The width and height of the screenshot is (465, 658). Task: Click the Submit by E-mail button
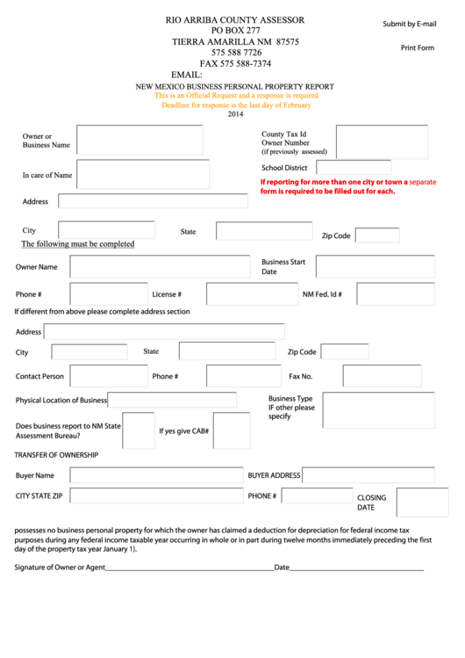point(409,24)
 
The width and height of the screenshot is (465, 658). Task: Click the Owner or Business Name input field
point(139,140)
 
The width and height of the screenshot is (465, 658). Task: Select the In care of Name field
point(143,174)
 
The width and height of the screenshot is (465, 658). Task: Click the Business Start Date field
point(375,266)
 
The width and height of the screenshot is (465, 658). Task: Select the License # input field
point(251,294)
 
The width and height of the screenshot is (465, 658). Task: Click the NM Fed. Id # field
point(395,294)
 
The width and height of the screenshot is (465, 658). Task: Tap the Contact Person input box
point(109,376)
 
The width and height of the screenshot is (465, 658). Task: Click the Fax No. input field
point(381,376)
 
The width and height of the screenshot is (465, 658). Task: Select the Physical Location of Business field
point(172,400)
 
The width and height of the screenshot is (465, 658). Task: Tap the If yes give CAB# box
point(232,430)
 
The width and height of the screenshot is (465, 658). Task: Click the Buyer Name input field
point(156,475)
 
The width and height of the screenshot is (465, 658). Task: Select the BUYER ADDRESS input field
point(368,475)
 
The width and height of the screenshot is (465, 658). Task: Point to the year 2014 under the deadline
point(235,114)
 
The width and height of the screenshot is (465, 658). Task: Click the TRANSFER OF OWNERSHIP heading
point(56,455)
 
